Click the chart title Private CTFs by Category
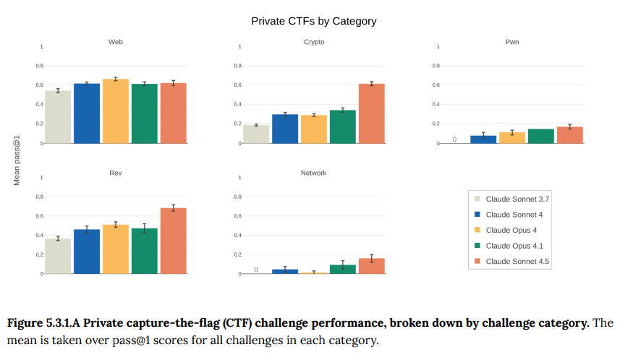tap(314, 21)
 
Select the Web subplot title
tap(115, 42)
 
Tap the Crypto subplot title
tap(314, 42)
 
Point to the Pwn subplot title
tap(512, 42)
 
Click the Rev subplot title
tap(115, 173)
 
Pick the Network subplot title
tap(314, 173)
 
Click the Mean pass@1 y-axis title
tap(17, 159)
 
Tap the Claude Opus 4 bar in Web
tap(116, 111)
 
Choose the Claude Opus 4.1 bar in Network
tap(343, 270)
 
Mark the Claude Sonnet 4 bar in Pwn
tap(483, 139)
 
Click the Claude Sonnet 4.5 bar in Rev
tap(174, 241)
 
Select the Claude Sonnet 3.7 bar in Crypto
tap(256, 134)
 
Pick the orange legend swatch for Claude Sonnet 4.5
tap(477, 261)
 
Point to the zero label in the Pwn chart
tap(454, 140)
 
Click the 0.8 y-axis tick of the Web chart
tap(40, 66)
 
